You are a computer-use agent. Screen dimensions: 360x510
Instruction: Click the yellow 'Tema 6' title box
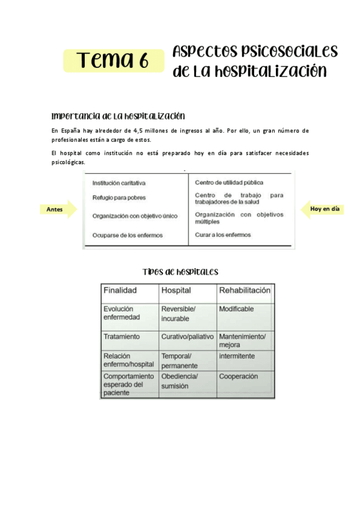tap(112, 60)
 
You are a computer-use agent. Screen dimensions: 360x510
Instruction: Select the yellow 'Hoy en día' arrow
tap(324, 209)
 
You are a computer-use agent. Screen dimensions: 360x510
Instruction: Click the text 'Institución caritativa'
tap(119, 182)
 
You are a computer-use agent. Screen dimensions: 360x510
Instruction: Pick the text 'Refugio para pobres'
tap(119, 197)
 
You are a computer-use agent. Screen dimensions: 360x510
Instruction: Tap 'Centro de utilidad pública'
tap(229, 182)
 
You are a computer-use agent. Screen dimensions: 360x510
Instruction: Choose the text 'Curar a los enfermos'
tap(223, 235)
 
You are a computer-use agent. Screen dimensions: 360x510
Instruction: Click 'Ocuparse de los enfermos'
tap(127, 235)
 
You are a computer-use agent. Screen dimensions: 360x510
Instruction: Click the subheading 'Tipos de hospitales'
tap(180, 272)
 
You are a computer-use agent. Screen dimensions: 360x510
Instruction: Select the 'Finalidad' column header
tap(120, 290)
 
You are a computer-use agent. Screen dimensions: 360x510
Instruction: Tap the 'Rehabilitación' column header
tap(245, 290)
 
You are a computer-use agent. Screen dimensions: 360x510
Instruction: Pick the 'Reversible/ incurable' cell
tap(178, 313)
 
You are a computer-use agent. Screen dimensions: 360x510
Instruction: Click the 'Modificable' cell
tap(236, 309)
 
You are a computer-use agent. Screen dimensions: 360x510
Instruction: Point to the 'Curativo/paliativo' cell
tap(187, 337)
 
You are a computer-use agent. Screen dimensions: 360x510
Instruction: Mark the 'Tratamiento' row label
tap(121, 337)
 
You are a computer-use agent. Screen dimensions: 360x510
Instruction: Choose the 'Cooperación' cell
tap(239, 376)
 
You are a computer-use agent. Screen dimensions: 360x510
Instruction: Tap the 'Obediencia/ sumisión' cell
tap(180, 381)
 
